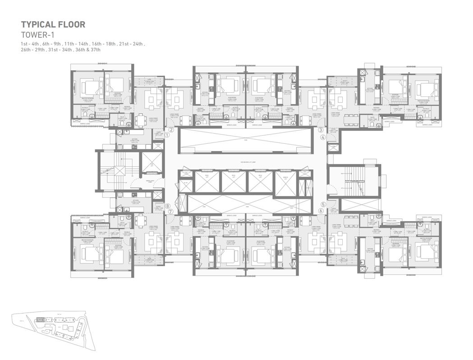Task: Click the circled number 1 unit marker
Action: pos(166,134)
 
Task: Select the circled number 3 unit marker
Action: pos(321,130)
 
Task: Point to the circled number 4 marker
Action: pos(323,137)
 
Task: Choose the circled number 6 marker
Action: pos(321,210)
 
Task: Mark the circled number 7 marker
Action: pos(170,211)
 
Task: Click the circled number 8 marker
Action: pos(166,205)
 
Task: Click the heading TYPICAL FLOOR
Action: pos(53,24)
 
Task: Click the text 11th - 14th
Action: pos(76,43)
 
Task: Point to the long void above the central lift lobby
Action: pos(245,140)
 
